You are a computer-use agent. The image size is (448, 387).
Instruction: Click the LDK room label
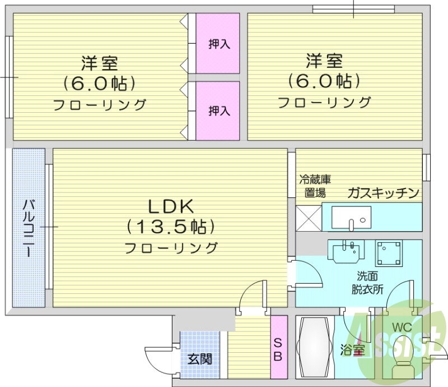click(170, 206)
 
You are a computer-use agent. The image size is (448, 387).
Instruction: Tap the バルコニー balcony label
click(28, 227)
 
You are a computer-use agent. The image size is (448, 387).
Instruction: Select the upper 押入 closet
click(219, 44)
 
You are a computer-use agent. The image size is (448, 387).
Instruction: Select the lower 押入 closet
click(219, 110)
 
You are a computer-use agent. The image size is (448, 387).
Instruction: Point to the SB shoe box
click(278, 348)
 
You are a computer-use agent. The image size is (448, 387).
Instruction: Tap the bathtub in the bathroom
click(315, 348)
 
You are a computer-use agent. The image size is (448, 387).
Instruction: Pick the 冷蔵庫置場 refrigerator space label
click(315, 187)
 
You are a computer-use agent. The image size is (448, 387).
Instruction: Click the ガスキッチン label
click(384, 193)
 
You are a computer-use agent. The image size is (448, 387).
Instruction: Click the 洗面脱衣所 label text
click(367, 283)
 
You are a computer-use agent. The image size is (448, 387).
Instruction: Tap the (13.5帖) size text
click(170, 227)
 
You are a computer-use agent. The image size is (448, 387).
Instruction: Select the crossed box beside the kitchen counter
click(308, 218)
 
